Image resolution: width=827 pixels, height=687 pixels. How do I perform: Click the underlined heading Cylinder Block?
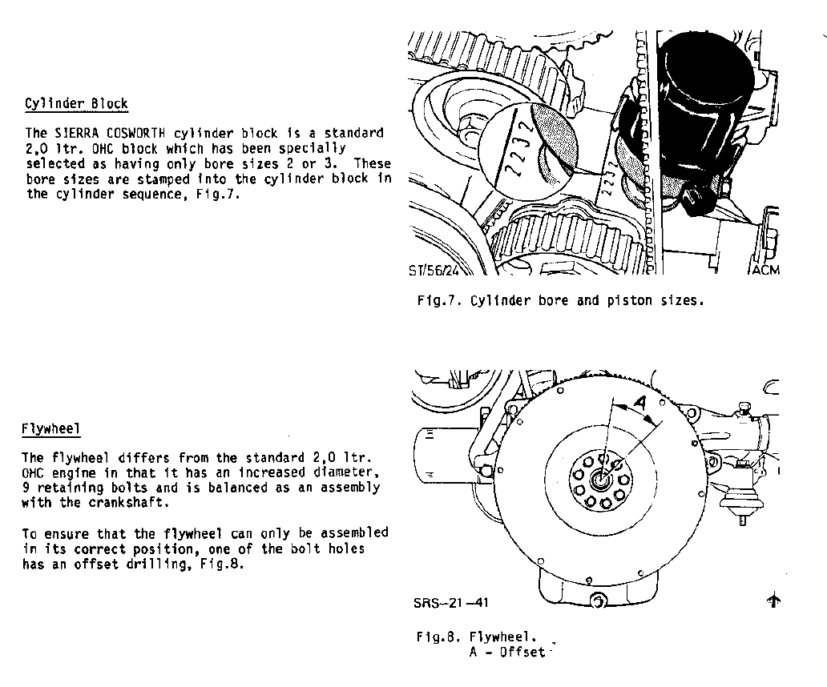coord(76,104)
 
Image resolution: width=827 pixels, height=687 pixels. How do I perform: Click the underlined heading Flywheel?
coord(50,429)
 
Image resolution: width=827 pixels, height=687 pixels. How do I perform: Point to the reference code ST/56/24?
coord(434,271)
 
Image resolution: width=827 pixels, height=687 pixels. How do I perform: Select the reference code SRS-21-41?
coord(451,602)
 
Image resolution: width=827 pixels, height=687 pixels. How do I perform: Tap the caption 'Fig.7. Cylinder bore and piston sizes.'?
coord(561,301)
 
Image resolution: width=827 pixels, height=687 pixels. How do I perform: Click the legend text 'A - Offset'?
coord(507,653)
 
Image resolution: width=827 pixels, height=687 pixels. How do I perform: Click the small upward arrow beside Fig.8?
coord(773,600)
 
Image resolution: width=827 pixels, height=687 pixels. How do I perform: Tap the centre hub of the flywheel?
coord(601,479)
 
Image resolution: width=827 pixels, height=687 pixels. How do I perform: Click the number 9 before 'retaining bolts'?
coord(26,488)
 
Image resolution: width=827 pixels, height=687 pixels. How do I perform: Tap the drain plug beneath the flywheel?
coord(598,601)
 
